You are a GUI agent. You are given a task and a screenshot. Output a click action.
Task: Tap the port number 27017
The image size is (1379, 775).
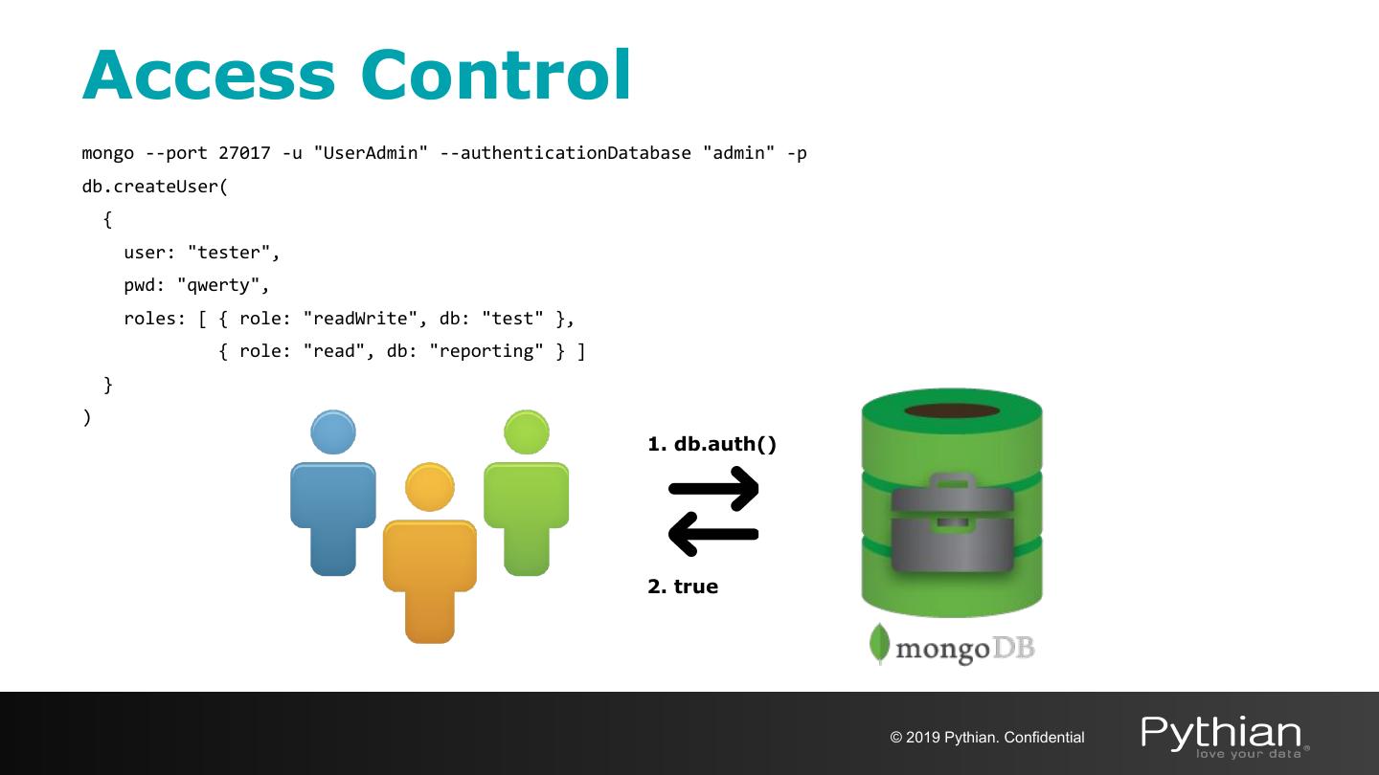tap(244, 153)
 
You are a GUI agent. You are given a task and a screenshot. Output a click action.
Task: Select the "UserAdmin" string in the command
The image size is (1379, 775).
tap(371, 153)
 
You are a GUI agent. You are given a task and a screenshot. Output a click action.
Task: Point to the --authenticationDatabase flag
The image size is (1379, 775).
tap(565, 153)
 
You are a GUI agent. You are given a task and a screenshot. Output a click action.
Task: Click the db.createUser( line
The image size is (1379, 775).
tap(155, 187)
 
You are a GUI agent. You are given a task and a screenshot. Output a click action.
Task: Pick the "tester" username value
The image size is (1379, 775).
tap(233, 253)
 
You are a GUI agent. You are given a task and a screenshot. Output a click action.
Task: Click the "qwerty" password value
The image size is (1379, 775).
tap(223, 285)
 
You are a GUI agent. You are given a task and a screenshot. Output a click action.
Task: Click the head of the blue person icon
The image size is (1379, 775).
tap(333, 432)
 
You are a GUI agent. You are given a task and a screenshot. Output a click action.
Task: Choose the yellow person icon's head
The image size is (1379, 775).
tap(429, 487)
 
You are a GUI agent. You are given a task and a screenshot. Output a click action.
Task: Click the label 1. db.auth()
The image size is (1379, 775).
tap(712, 444)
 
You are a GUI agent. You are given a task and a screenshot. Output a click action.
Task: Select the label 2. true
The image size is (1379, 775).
tap(683, 587)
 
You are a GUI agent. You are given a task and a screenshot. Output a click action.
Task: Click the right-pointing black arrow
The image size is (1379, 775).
tap(713, 489)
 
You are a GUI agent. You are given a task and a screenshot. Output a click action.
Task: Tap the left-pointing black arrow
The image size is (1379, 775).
tap(713, 534)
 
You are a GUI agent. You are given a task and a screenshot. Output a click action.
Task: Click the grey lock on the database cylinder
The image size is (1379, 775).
tap(952, 524)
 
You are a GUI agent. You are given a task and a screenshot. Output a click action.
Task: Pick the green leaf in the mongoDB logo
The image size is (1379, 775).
tap(879, 644)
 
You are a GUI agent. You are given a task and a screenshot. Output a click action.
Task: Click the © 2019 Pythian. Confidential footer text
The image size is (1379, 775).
tap(987, 738)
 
